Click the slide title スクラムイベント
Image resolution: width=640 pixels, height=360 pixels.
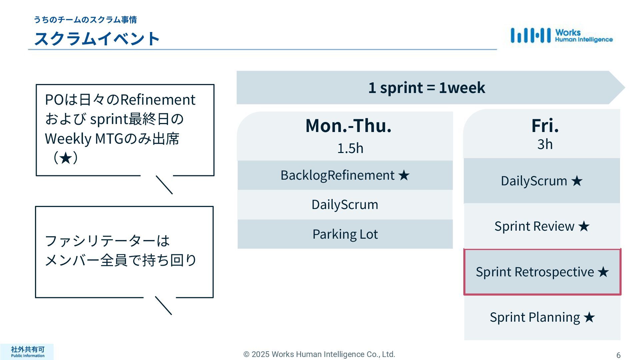[x=97, y=39]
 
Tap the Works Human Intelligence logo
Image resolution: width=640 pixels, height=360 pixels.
[x=561, y=36]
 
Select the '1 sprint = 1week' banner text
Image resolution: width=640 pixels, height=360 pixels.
[x=426, y=88]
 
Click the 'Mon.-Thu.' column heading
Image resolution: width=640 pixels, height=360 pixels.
[x=348, y=126]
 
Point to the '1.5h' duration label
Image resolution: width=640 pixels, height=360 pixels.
[x=350, y=148]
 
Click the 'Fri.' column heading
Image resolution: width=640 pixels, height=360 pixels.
[x=545, y=126]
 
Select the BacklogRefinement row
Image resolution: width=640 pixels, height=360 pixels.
[x=345, y=175]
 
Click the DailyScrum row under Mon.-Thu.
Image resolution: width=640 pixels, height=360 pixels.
[x=345, y=205]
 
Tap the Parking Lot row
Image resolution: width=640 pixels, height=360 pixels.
[x=345, y=234]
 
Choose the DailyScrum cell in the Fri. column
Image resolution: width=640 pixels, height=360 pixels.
[x=542, y=181]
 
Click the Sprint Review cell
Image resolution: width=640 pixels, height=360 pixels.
[x=542, y=226]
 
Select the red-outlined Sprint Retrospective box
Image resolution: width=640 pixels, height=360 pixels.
[x=542, y=272]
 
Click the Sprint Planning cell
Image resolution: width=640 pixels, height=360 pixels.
[x=542, y=317]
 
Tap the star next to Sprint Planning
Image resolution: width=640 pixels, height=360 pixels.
[x=589, y=317]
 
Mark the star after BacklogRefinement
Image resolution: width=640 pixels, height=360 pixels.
[x=404, y=175]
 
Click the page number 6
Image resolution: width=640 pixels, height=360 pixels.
[x=618, y=355]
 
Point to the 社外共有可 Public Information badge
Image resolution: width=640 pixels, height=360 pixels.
[x=27, y=352]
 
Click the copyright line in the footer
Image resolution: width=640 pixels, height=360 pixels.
[x=319, y=354]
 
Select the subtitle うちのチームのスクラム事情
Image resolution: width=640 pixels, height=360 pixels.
[x=85, y=20]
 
